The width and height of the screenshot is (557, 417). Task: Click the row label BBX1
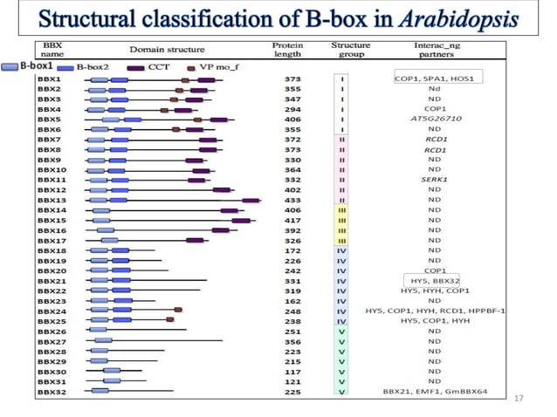(49, 79)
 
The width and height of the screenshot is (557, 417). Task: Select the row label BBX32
(51, 392)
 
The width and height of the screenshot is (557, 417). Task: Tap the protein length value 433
(293, 200)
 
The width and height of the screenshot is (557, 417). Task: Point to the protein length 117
(293, 372)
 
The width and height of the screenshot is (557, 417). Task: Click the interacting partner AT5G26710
(434, 119)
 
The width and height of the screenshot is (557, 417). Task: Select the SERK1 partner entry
(434, 180)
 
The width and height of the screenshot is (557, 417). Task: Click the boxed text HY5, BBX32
(434, 280)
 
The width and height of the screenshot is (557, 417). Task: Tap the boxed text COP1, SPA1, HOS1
(434, 79)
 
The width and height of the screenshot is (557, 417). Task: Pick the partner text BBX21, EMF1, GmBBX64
(434, 392)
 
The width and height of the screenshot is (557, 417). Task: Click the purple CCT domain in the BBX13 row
(251, 200)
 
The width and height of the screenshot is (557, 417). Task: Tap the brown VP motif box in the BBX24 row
(179, 311)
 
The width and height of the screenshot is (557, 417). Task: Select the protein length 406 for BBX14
(293, 210)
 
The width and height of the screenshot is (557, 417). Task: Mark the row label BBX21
(51, 280)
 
